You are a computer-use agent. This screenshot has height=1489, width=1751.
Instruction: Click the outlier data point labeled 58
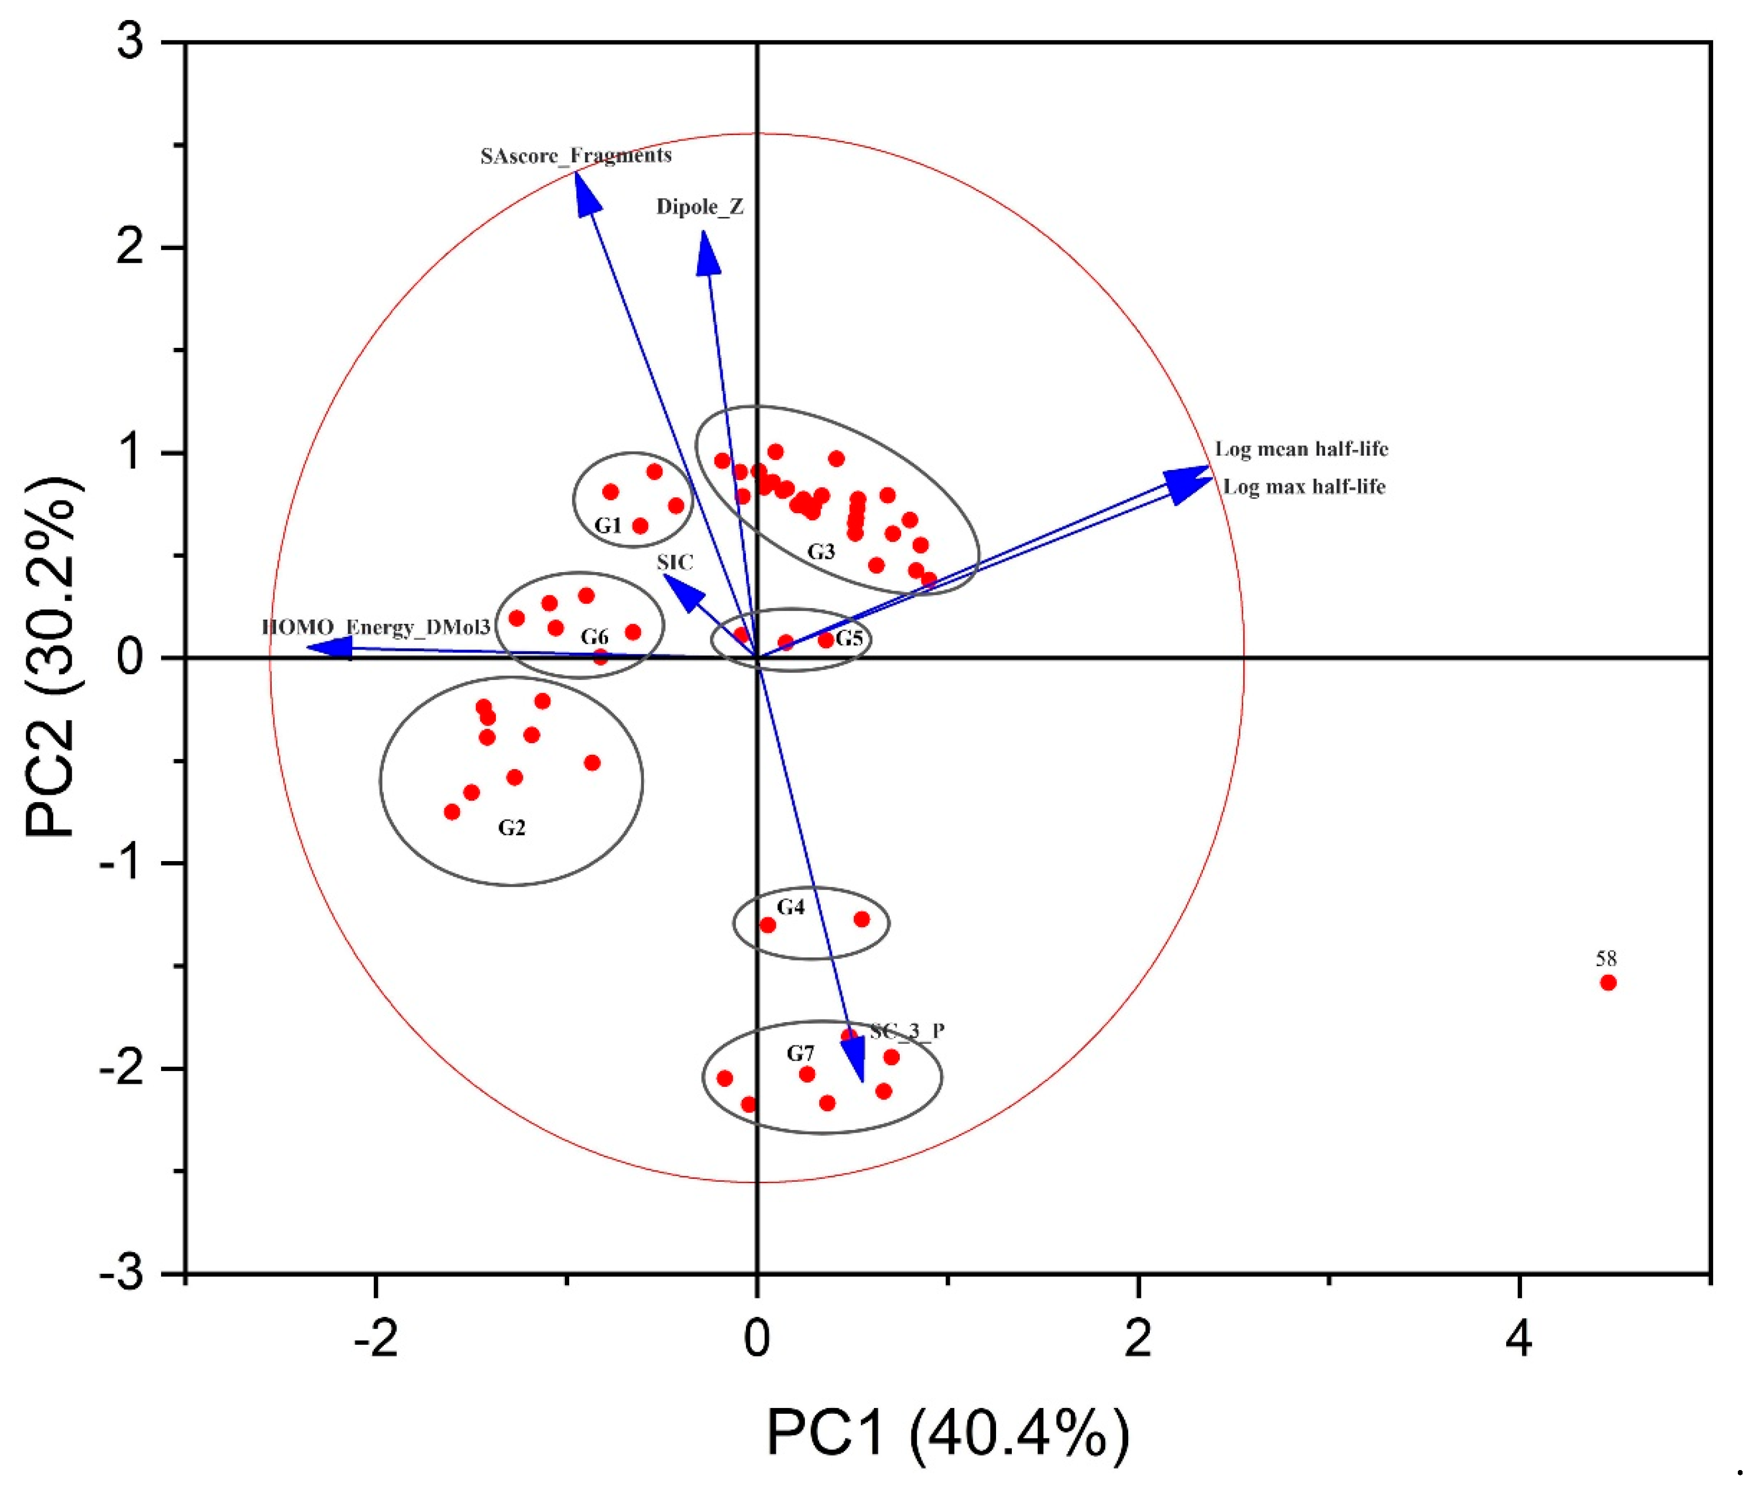coord(1607,983)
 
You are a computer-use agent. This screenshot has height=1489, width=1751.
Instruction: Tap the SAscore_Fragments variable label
coord(576,155)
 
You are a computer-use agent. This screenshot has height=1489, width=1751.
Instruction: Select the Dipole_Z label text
coord(700,207)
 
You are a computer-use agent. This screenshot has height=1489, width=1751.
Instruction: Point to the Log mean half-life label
coord(1301,449)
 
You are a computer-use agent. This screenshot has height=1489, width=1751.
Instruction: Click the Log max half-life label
coord(1305,487)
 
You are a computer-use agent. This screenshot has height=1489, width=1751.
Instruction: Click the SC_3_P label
coord(908,1031)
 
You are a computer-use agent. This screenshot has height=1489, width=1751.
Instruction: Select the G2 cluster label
coord(512,828)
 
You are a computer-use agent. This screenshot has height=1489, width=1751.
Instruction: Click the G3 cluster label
coord(821,552)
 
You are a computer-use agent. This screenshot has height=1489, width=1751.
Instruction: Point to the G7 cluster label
coord(800,1053)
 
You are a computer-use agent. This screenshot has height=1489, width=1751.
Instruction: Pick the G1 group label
coord(608,526)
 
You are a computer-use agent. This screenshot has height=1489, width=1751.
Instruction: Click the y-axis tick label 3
coord(132,42)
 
